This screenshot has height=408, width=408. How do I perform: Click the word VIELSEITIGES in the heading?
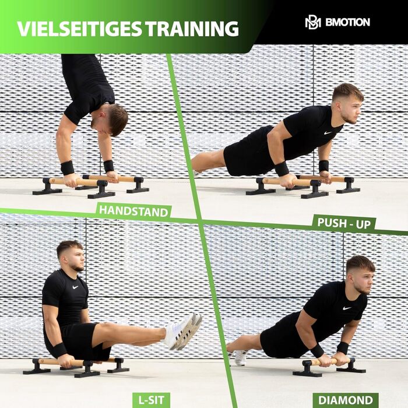(x=79, y=29)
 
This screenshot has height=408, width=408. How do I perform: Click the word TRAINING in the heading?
(x=192, y=29)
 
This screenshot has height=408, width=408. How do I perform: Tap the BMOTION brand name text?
(x=347, y=22)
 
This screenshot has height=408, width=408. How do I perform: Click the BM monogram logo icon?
(x=313, y=23)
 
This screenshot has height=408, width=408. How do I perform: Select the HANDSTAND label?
(x=133, y=211)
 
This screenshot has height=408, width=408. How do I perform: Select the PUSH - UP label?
(x=344, y=223)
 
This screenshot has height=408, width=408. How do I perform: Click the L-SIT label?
(x=151, y=400)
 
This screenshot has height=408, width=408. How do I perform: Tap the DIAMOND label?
(x=346, y=400)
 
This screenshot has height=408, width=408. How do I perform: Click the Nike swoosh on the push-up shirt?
(x=328, y=133)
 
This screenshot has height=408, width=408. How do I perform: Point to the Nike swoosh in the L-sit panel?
(x=75, y=287)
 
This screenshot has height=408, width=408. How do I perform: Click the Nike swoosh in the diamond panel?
(x=347, y=308)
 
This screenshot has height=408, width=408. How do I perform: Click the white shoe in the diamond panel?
(x=240, y=357)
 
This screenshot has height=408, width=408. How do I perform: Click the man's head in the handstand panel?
(x=112, y=119)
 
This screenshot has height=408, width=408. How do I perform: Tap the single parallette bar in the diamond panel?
(x=329, y=366)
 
